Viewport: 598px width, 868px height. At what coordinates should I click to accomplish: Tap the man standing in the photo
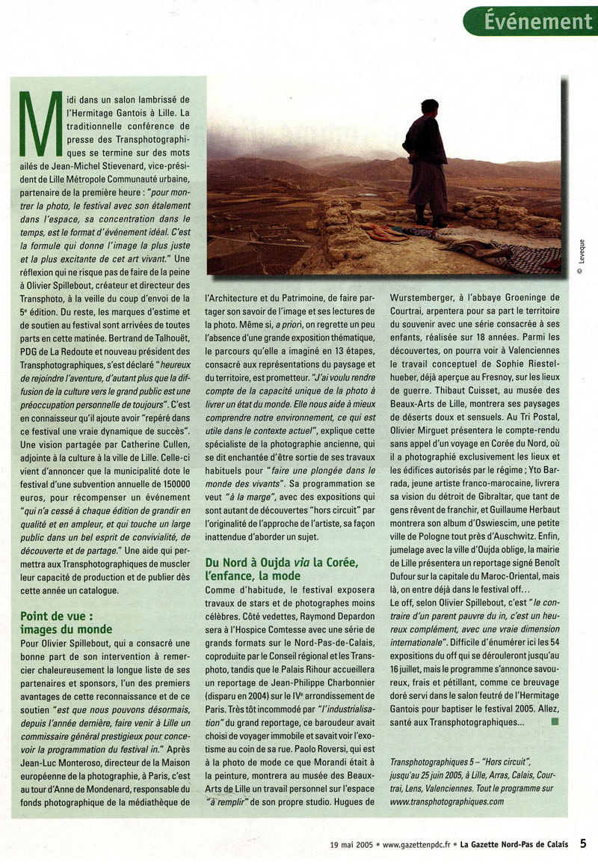428,161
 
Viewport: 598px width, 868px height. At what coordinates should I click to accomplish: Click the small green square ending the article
554,721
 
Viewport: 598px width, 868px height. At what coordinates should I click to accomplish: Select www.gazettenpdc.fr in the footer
415,846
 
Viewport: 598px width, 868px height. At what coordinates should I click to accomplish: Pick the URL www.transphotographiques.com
448,801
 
